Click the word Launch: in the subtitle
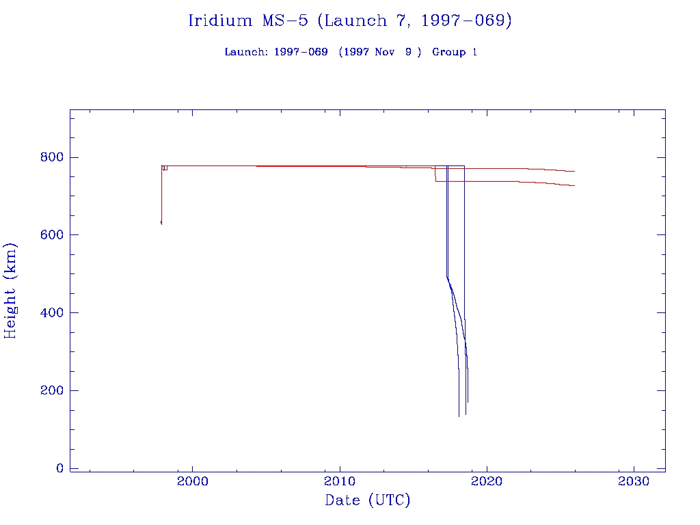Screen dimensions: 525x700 (246, 52)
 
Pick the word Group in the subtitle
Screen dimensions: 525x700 (448, 52)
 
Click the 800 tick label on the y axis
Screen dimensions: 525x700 (51, 157)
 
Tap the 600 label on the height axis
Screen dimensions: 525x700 (51, 234)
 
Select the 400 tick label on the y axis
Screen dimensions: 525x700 (51, 312)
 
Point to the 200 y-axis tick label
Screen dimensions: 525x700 (51, 390)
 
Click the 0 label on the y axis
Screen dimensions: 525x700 (59, 468)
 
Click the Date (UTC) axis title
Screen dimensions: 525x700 (367, 500)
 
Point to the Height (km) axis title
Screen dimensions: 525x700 (10, 290)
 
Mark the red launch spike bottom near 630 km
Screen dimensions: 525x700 (161, 223)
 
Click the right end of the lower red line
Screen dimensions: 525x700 (574, 185)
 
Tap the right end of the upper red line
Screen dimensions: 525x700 (574, 171)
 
